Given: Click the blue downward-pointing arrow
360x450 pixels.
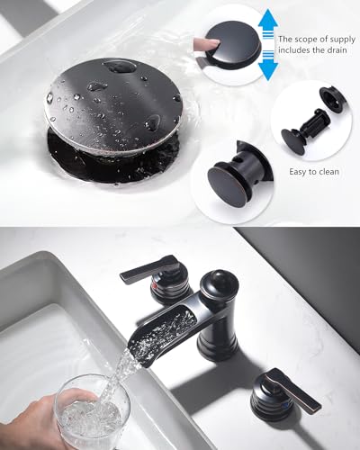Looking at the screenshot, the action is [x=267, y=66].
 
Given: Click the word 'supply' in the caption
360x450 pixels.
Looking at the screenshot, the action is [x=342, y=40].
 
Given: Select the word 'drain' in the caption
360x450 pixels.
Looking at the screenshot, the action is [x=336, y=50].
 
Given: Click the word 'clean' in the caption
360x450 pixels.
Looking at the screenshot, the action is [x=328, y=172].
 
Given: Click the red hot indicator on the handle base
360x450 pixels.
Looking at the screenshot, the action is [x=155, y=286].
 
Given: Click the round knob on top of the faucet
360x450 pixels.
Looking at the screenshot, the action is [x=219, y=282].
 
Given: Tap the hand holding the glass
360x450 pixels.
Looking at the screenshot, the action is [x=42, y=421].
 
